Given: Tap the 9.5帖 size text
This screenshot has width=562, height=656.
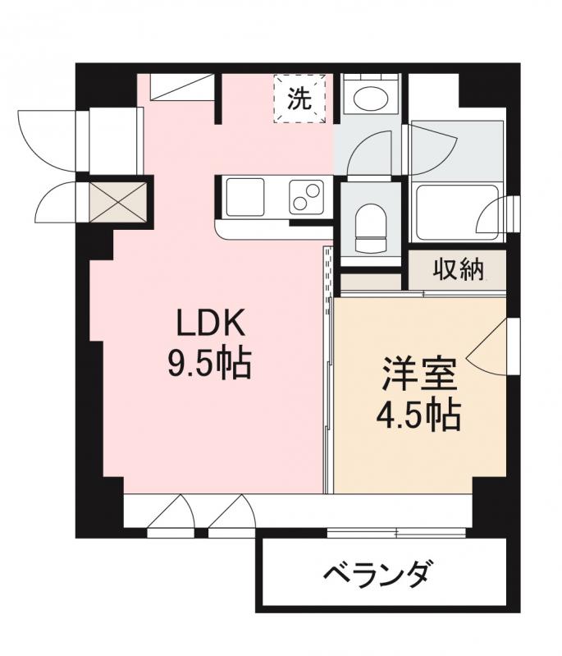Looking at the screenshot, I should click(208, 363).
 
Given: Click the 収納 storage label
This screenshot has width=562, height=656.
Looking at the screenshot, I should click(457, 269).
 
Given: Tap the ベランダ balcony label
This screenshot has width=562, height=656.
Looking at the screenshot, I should click(374, 573).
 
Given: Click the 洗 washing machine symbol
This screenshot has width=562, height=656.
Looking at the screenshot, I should click(299, 99).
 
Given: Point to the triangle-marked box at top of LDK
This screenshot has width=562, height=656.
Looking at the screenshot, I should click(181, 88).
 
